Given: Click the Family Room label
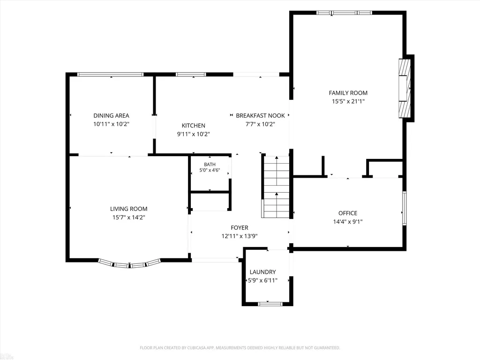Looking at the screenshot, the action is [348, 93].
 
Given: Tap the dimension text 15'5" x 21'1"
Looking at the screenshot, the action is [348, 101].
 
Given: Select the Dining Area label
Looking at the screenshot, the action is [111, 115].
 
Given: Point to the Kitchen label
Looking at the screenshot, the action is [194, 126].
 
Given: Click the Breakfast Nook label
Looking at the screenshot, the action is [260, 115].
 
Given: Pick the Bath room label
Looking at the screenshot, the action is [210, 165].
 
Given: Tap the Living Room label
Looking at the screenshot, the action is [128, 209].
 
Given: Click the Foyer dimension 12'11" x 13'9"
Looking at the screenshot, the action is [240, 236].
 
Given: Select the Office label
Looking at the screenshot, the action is [348, 213].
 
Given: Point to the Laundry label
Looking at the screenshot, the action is [262, 272].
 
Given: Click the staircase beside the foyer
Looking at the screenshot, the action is [276, 187].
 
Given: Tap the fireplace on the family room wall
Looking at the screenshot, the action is [404, 89].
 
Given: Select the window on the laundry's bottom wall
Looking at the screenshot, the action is [270, 304].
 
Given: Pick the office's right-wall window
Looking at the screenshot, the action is [405, 208].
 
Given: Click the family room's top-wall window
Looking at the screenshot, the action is [344, 13].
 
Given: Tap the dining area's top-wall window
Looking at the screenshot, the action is [110, 75].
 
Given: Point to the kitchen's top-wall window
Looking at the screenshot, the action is [191, 75].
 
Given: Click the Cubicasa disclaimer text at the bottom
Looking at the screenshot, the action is [240, 348].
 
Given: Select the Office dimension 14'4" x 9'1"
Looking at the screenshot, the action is [348, 222].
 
